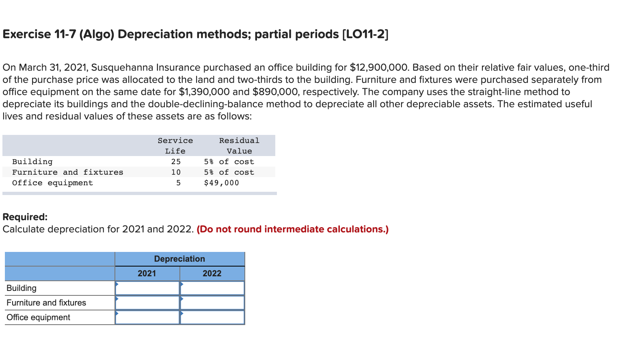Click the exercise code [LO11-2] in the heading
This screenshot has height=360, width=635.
coord(365,34)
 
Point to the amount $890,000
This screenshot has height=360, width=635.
coord(276,92)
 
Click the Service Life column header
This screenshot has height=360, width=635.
coord(175,145)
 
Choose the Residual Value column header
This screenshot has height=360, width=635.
coord(239,145)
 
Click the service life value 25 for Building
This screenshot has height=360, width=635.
coord(176,162)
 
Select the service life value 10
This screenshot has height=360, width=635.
coord(176,172)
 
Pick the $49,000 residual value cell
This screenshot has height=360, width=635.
coord(221,183)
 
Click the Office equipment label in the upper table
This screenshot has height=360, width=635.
coord(52,183)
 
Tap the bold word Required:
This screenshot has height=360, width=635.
coord(25,217)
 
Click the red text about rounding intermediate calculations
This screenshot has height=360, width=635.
coord(292,229)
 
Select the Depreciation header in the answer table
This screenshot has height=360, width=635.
coord(179,259)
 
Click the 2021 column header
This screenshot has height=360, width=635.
coord(147,273)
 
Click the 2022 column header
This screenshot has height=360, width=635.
coord(212,273)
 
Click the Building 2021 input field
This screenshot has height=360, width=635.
coord(147,288)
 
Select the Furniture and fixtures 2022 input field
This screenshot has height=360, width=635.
coord(212,303)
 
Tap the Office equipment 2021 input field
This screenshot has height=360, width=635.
coord(147,317)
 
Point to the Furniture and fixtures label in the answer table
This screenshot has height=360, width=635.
coord(46,303)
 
